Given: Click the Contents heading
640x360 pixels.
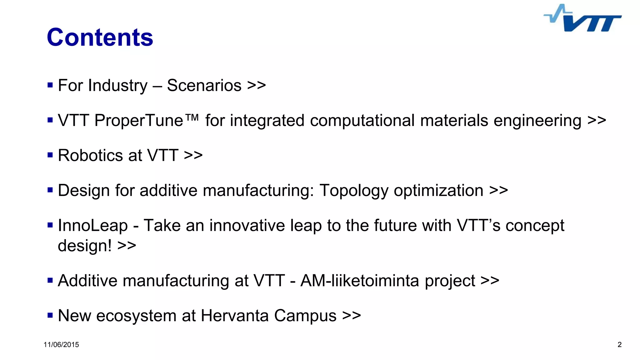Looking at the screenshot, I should pyautogui.click(x=100, y=37).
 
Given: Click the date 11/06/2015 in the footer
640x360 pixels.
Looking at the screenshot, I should pyautogui.click(x=61, y=345).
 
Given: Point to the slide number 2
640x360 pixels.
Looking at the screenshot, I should pyautogui.click(x=619, y=345).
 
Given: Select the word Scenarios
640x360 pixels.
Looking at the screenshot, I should pyautogui.click(x=204, y=85).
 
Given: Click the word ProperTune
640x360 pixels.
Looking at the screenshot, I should pyautogui.click(x=139, y=121).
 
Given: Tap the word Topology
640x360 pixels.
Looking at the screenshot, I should pyautogui.click(x=354, y=191).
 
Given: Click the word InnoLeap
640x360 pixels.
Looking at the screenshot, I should pyautogui.click(x=93, y=225).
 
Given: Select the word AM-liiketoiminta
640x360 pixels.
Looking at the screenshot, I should pyautogui.click(x=359, y=280).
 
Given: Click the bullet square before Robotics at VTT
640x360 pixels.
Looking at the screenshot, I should pyautogui.click(x=50, y=155).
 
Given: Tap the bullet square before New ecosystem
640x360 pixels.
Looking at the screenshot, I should pyautogui.click(x=50, y=315).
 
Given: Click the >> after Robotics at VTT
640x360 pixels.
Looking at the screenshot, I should pyautogui.click(x=193, y=155).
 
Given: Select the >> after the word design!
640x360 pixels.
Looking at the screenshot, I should pyautogui.click(x=127, y=246).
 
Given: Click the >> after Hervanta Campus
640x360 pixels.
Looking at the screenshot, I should pyautogui.click(x=352, y=315).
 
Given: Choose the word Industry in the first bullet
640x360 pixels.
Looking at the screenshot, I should pyautogui.click(x=118, y=85).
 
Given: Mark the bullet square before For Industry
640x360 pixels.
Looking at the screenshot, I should pyautogui.click(x=50, y=85).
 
